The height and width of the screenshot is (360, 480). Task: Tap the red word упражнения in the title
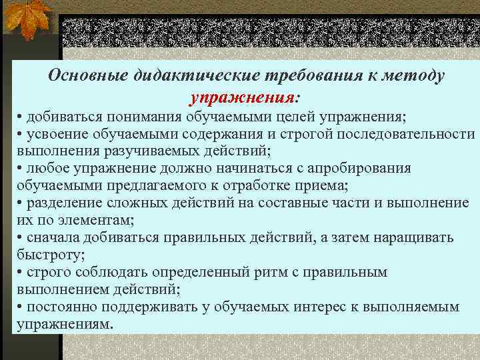(241, 98)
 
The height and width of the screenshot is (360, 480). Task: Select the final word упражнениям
(64, 323)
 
